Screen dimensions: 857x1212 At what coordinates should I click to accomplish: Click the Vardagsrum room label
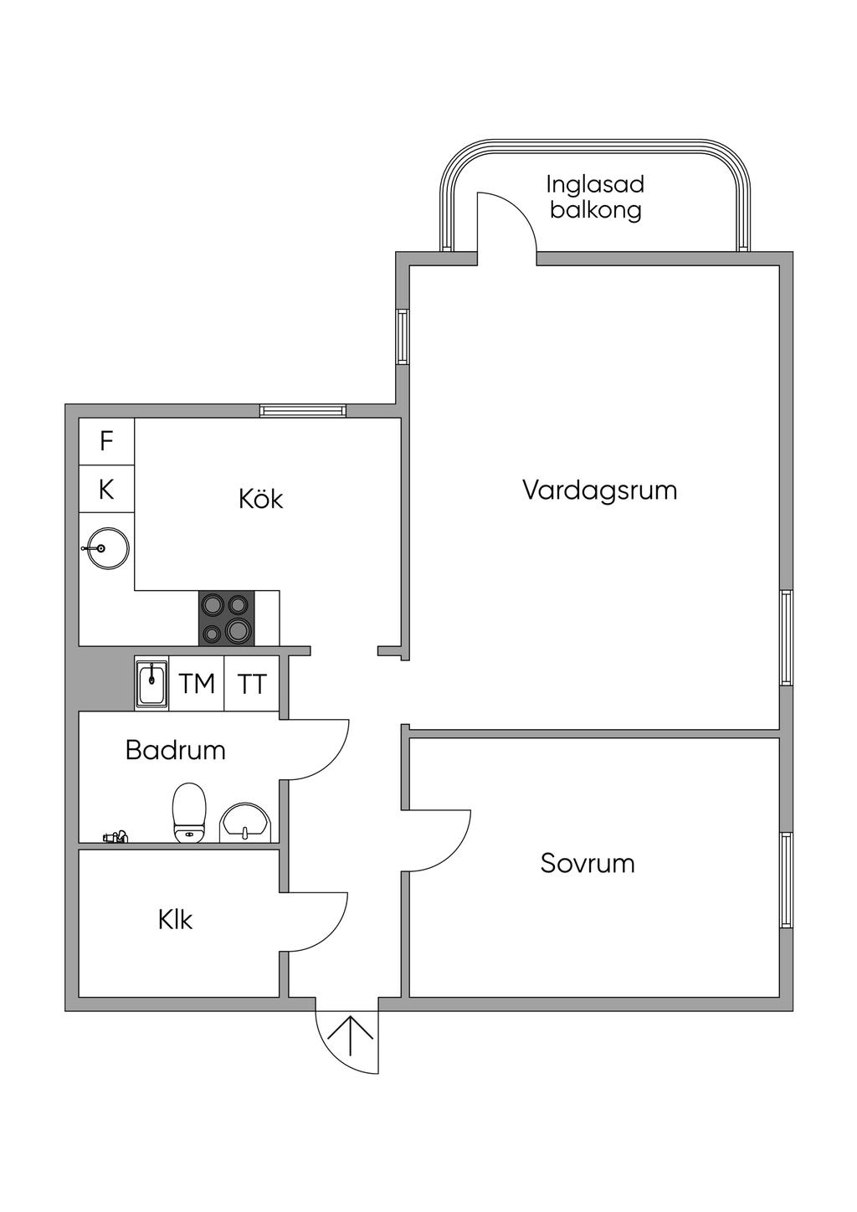tap(599, 491)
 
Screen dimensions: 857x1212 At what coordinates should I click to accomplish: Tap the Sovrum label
tap(587, 863)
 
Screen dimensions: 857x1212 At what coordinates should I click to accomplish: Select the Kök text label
tap(261, 498)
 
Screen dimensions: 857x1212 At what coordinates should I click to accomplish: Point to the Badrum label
tap(175, 751)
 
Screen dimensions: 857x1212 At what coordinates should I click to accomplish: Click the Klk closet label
tap(175, 919)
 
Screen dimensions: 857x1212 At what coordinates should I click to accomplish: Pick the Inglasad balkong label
tap(595, 197)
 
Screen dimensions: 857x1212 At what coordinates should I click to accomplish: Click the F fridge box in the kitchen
tap(106, 441)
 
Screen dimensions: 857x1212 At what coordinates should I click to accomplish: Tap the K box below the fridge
tap(106, 489)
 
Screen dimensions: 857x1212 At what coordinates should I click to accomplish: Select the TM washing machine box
tap(197, 683)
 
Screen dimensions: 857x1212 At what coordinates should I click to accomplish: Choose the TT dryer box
tap(252, 683)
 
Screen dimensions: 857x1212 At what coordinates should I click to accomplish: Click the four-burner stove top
tap(227, 619)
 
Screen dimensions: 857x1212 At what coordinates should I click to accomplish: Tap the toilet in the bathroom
tap(189, 813)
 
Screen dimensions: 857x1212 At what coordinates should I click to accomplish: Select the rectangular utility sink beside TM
tap(152, 683)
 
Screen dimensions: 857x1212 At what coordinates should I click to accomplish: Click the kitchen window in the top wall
tap(302, 411)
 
